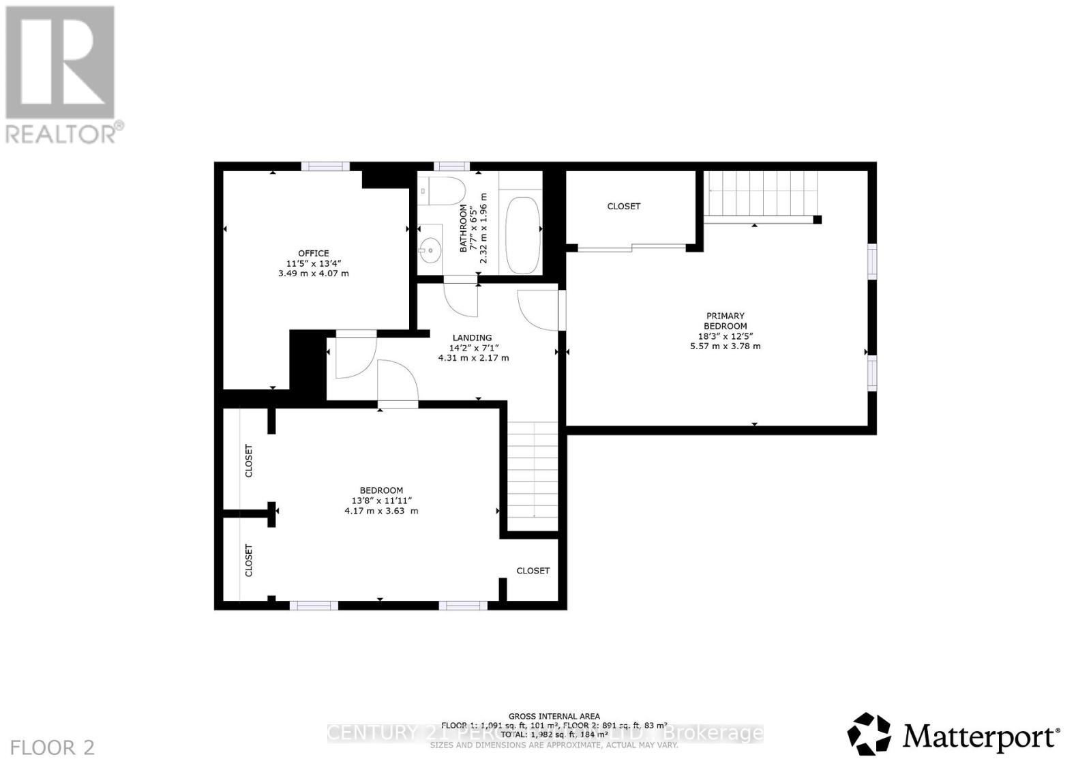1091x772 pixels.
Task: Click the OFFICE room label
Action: coord(313,253)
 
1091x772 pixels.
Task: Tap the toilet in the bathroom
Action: coord(443,190)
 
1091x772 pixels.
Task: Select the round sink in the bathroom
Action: coord(430,251)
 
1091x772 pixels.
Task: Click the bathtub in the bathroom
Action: coord(523,235)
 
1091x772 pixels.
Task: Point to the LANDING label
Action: coord(472,338)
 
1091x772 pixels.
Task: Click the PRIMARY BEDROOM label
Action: coord(726,321)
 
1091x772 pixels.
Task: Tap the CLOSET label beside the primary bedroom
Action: coord(624,206)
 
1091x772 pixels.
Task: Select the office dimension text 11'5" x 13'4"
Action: coord(313,263)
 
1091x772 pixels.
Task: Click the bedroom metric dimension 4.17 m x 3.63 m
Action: coord(381,511)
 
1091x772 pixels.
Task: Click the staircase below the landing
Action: coord(533,471)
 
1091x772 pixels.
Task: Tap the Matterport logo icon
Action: coord(869,734)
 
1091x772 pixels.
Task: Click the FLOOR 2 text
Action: coord(53,747)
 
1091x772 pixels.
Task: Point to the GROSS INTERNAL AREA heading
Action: coord(554,716)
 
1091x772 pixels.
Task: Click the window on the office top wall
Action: coord(325,166)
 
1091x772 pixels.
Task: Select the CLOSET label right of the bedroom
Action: coord(533,571)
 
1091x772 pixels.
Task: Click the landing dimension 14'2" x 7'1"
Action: coord(473,348)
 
